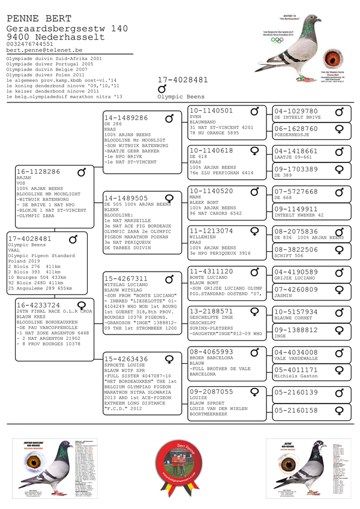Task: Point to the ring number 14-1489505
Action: [126, 198]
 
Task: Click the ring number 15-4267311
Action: [126, 279]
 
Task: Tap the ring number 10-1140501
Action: [211, 111]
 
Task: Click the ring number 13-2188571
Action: [211, 312]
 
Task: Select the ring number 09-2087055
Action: [211, 391]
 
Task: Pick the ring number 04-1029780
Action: [296, 111]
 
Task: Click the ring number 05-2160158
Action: [296, 411]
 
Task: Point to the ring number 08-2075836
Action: [296, 231]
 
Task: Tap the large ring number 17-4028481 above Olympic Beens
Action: [183, 80]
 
